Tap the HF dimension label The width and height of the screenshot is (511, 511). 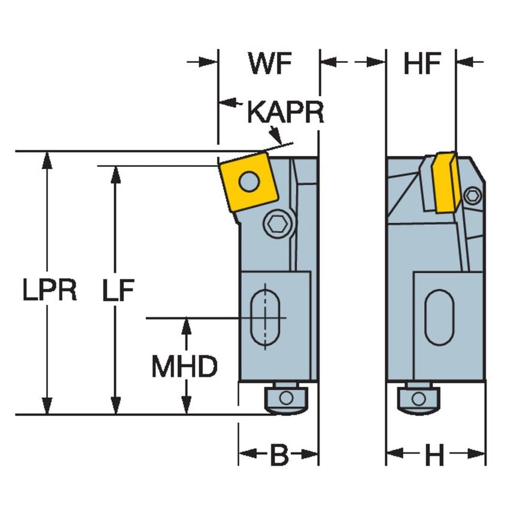(421, 64)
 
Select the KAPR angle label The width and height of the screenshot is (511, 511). (285, 112)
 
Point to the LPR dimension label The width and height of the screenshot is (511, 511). (50, 291)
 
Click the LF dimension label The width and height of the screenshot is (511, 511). (118, 291)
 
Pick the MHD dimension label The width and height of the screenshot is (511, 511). (184, 367)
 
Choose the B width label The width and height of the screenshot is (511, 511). (279, 455)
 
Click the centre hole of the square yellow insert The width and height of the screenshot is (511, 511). (249, 180)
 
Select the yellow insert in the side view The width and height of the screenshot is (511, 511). (446, 182)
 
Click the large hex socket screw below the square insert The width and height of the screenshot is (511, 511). (279, 224)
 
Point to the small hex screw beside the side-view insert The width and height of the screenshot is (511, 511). (472, 195)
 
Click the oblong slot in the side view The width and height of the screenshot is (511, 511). (439, 317)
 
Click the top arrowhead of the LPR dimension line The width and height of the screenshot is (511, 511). (46, 158)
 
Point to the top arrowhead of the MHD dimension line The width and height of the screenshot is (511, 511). (186, 325)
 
